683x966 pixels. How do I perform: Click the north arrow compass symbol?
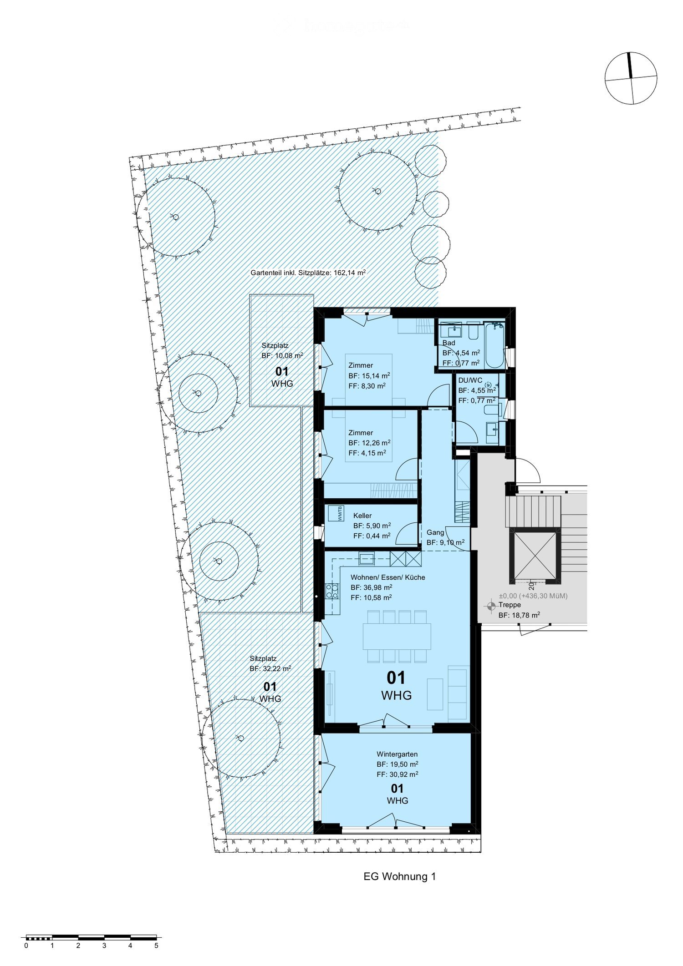[631, 78]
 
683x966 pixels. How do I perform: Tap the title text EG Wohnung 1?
[399, 876]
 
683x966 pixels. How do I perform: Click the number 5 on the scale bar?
[156, 945]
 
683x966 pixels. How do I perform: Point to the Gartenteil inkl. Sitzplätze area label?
[308, 273]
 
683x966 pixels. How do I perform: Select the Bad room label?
[449, 343]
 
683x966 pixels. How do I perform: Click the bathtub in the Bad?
[494, 345]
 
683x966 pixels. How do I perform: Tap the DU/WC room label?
[470, 380]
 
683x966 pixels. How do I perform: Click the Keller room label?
[362, 516]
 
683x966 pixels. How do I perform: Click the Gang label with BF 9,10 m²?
[435, 532]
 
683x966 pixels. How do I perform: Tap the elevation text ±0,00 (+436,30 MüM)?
[533, 596]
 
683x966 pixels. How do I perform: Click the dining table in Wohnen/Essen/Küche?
[397, 636]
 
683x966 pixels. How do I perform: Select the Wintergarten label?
[397, 754]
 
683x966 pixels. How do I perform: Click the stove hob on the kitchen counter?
[332, 591]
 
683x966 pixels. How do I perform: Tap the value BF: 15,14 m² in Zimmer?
[369, 376]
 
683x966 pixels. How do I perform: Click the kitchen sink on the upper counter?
[366, 558]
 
